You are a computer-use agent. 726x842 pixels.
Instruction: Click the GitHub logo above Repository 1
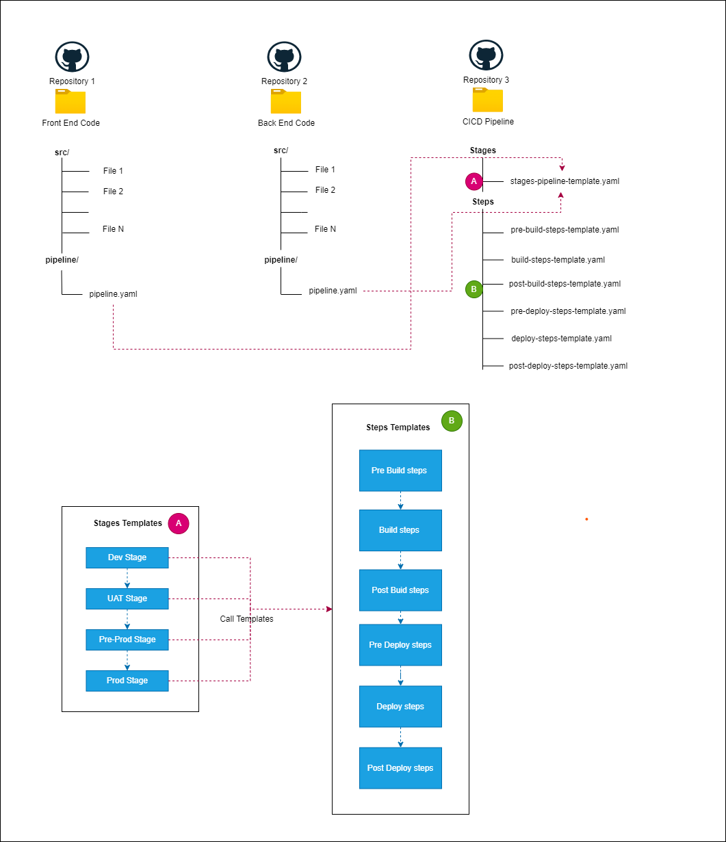[x=72, y=57]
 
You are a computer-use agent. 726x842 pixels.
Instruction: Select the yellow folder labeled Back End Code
[x=286, y=101]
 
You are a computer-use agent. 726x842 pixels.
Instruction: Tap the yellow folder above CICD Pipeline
[x=488, y=100]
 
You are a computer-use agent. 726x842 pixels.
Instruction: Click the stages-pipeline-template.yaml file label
[x=565, y=181]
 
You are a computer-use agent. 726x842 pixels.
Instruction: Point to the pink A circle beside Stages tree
[x=474, y=181]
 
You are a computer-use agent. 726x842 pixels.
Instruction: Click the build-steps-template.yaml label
[x=558, y=260]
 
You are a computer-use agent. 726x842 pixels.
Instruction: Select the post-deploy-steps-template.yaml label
[x=568, y=366]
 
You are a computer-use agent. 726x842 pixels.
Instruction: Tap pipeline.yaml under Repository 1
[x=113, y=294]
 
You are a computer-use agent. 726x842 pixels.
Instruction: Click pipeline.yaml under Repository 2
[x=333, y=291]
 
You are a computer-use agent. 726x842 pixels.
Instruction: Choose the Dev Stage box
[x=127, y=557]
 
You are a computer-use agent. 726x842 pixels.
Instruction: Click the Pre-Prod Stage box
[x=127, y=640]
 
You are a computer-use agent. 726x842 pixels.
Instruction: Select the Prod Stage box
[x=127, y=681]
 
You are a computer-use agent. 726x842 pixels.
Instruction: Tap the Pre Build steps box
[x=400, y=471]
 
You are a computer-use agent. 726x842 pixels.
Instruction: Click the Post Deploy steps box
[x=400, y=768]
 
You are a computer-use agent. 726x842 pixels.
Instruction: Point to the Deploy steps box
[x=400, y=707]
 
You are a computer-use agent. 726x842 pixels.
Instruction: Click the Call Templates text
[x=246, y=619]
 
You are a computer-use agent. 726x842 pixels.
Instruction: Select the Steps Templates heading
[x=398, y=427]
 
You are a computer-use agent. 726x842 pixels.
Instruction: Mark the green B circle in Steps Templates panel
[x=452, y=421]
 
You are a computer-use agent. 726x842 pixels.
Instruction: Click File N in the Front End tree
[x=114, y=229]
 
